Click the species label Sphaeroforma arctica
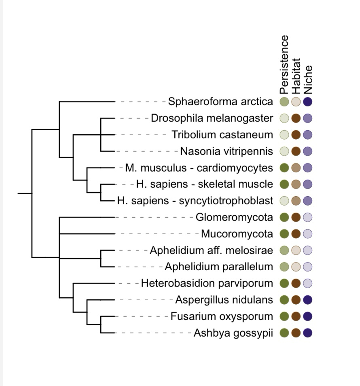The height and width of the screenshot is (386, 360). [x=220, y=102]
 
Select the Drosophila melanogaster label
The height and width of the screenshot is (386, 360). [x=212, y=118]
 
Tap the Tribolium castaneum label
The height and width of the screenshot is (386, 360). [x=222, y=135]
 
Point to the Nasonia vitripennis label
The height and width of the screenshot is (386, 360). [x=227, y=151]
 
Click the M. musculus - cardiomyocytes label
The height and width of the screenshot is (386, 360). [x=199, y=168]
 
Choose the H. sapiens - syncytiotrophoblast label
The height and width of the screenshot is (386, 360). [x=195, y=201]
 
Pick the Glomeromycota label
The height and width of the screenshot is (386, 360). [x=234, y=217]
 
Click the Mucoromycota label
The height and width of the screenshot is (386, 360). [x=237, y=234]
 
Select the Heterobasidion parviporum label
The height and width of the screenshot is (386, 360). [x=207, y=283]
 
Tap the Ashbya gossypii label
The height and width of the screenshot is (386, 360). [x=233, y=333]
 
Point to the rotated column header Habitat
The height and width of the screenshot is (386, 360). [x=296, y=76]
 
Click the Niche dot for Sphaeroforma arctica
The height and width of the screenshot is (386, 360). [x=308, y=102]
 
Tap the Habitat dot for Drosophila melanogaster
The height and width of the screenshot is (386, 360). [x=296, y=118]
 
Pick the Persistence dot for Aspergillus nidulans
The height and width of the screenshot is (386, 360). [x=284, y=300]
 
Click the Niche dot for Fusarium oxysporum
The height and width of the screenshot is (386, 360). [x=308, y=316]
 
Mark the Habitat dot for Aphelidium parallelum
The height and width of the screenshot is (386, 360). [x=296, y=267]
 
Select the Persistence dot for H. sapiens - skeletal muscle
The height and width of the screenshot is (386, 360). [x=284, y=184]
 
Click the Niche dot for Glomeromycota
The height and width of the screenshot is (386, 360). [x=308, y=217]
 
